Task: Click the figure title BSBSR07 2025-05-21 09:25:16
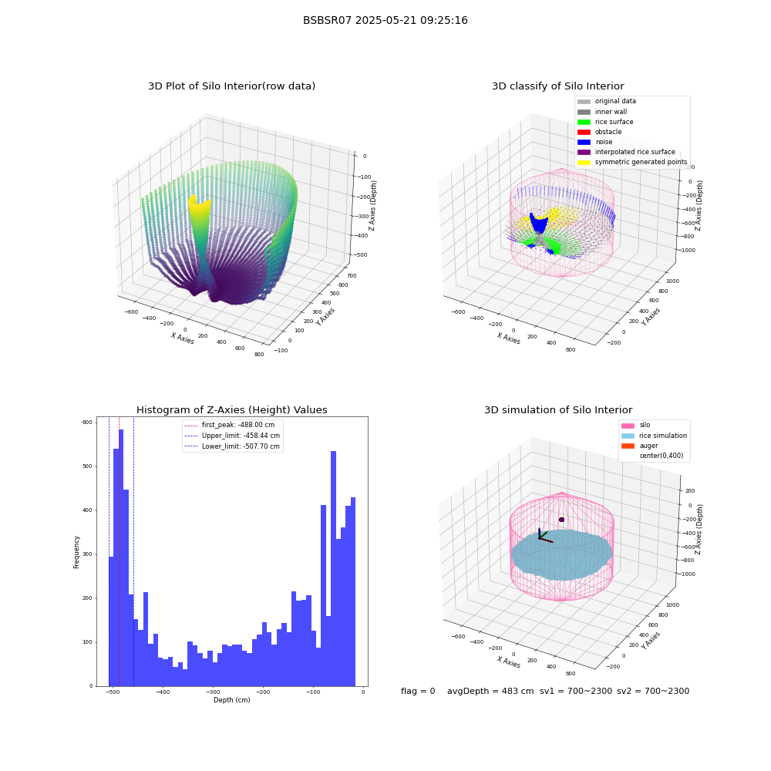pos(385,20)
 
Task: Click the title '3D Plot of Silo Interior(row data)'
pos(231,86)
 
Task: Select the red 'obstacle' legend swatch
pos(584,132)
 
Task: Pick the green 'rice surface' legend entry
pos(605,122)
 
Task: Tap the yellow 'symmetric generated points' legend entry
pos(632,162)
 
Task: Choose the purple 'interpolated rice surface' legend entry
pos(626,152)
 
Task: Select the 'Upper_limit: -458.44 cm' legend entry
pos(232,436)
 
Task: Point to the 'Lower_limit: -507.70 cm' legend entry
pos(232,446)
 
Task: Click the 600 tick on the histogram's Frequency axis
pos(87,423)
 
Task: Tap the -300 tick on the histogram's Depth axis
pos(213,692)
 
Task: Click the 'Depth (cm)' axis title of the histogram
pos(232,700)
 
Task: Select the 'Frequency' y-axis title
pos(76,552)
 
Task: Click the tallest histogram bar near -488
pos(121,557)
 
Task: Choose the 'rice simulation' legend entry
pos(655,436)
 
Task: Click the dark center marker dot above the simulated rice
pos(561,520)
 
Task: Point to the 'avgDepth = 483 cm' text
pos(490,691)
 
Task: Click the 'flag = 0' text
pos(418,691)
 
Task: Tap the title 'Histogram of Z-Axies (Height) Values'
pos(231,410)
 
